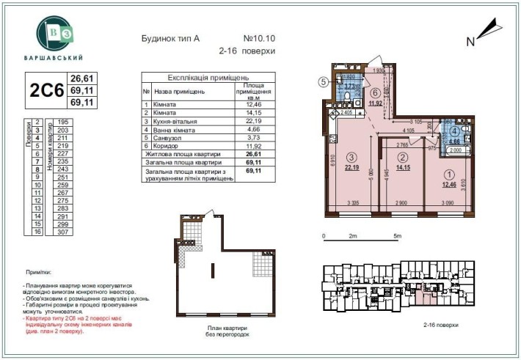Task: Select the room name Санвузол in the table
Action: click(x=170, y=137)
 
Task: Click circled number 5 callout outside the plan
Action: click(x=323, y=82)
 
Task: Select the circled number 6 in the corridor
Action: click(x=375, y=92)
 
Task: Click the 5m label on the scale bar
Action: click(x=397, y=236)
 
